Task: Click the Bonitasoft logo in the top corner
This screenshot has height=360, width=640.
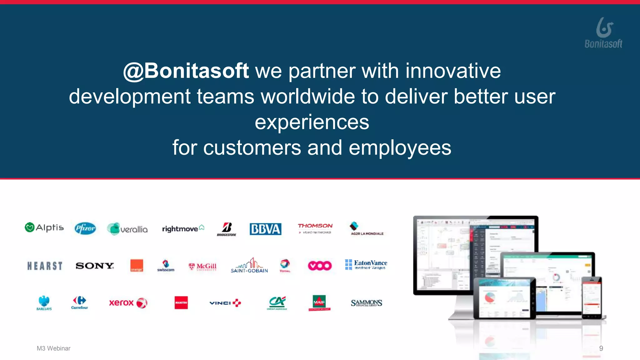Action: point(603,33)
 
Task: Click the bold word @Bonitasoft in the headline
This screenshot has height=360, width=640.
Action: point(186,71)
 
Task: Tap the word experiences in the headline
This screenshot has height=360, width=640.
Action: point(312,122)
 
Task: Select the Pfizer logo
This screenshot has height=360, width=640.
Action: point(85,228)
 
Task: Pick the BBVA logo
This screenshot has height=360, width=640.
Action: point(265,229)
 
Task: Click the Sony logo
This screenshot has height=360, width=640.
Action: point(95,266)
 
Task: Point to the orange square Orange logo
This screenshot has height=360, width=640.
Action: point(137,266)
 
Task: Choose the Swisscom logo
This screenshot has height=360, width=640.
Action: point(166,266)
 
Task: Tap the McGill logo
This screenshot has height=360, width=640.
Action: point(202,267)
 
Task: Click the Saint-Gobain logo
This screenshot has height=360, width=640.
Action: point(249,266)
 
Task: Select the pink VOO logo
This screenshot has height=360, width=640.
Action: point(319,266)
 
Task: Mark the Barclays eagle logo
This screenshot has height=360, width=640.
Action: point(44,302)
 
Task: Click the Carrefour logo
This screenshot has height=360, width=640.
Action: point(79,302)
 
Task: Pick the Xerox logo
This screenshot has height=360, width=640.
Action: point(128,302)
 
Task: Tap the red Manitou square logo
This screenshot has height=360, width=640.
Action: point(181,302)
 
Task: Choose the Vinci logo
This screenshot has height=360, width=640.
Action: point(225,303)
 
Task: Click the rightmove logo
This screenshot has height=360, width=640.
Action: point(183,229)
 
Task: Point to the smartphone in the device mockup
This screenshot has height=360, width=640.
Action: point(592,297)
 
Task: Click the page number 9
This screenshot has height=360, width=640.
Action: point(601,348)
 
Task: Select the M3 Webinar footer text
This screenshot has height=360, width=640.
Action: point(53,348)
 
